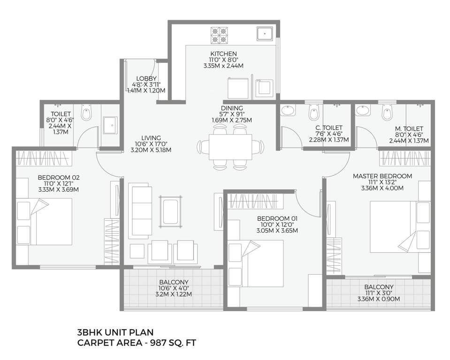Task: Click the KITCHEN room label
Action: (x=223, y=53)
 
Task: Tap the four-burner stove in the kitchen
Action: (x=218, y=34)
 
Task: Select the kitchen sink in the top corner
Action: (x=265, y=34)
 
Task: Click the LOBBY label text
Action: (x=146, y=78)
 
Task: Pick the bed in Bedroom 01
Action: (x=256, y=262)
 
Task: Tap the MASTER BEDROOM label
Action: (x=382, y=176)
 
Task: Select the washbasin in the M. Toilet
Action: (x=362, y=111)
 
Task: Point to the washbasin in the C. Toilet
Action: (x=287, y=111)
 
